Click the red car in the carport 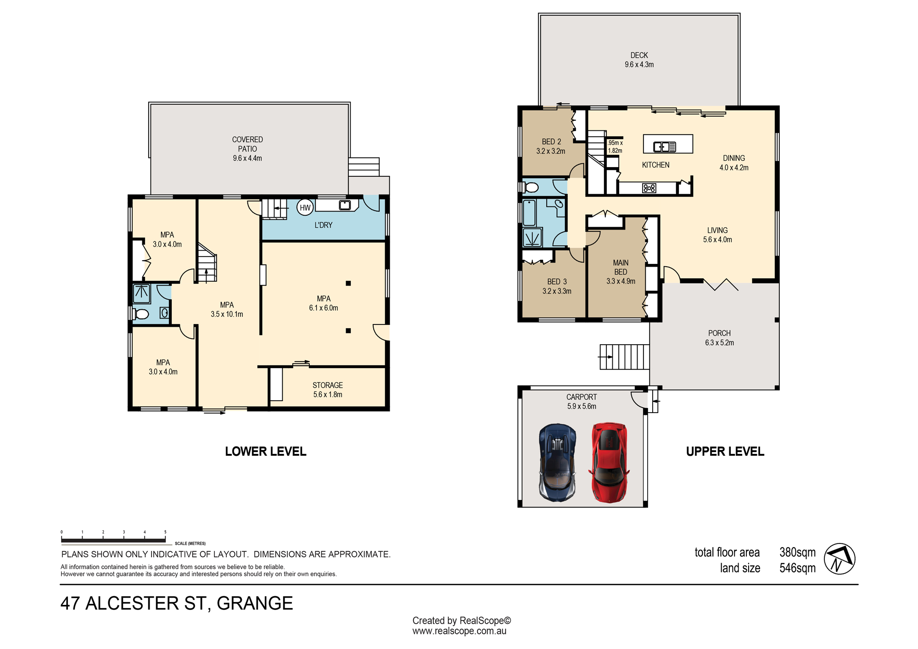609,462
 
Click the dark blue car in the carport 558,462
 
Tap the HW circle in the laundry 305,207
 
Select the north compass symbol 840,559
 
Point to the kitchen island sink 665,147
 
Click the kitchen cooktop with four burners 649,188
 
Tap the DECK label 639,55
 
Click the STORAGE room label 328,385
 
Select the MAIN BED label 621,267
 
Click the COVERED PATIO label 247,144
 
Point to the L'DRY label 324,225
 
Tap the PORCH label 719,333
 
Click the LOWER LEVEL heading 266,452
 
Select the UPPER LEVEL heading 725,452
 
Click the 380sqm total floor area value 798,552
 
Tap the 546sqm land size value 798,568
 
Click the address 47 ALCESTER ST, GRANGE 177,604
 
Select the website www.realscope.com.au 459,631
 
